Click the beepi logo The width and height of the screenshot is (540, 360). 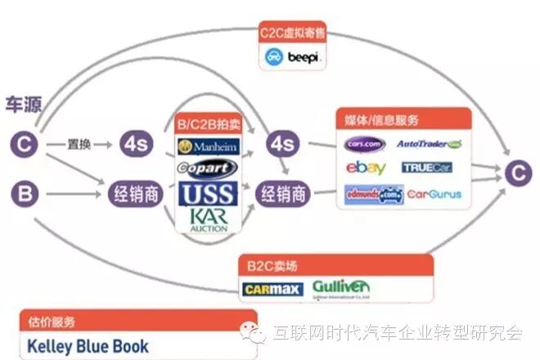(x=294, y=57)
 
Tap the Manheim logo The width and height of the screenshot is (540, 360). (x=206, y=147)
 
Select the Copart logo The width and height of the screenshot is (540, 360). (x=206, y=169)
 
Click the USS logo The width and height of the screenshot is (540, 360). (x=206, y=193)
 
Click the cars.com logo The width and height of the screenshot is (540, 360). (x=364, y=145)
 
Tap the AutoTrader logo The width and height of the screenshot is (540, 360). (x=430, y=144)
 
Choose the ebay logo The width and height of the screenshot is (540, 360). (x=365, y=169)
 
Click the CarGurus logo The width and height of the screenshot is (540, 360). (x=433, y=195)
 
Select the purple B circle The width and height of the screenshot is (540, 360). (x=25, y=194)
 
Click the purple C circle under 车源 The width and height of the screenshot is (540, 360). (x=25, y=145)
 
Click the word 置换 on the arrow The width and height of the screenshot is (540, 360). (x=79, y=144)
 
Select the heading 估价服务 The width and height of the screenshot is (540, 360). (x=52, y=320)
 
